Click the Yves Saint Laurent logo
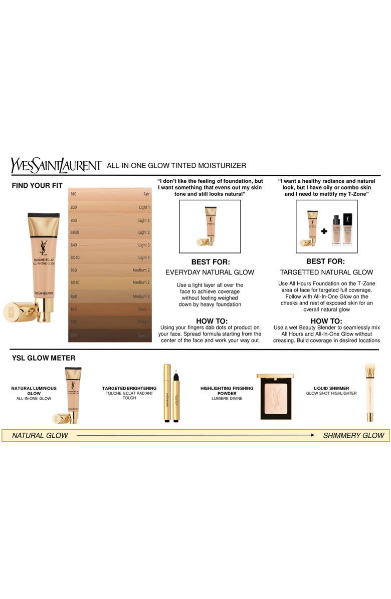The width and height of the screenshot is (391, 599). tap(56, 165)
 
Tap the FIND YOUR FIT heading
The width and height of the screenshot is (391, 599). tap(37, 185)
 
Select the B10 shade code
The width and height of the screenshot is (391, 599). tap(73, 194)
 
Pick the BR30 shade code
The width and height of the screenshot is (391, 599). tap(75, 232)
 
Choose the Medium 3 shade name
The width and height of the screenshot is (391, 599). tap(141, 296)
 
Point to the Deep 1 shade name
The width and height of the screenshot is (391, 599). tap(143, 310)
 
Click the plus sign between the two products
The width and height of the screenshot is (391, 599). tap(324, 231)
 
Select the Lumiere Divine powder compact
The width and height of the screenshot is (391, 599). tap(275, 396)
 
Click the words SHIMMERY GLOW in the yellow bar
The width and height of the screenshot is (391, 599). tap(353, 435)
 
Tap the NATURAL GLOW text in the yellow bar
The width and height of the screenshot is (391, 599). tap(40, 435)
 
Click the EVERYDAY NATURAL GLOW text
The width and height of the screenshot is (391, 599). tap(210, 272)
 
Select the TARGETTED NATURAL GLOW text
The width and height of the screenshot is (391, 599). tap(326, 272)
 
